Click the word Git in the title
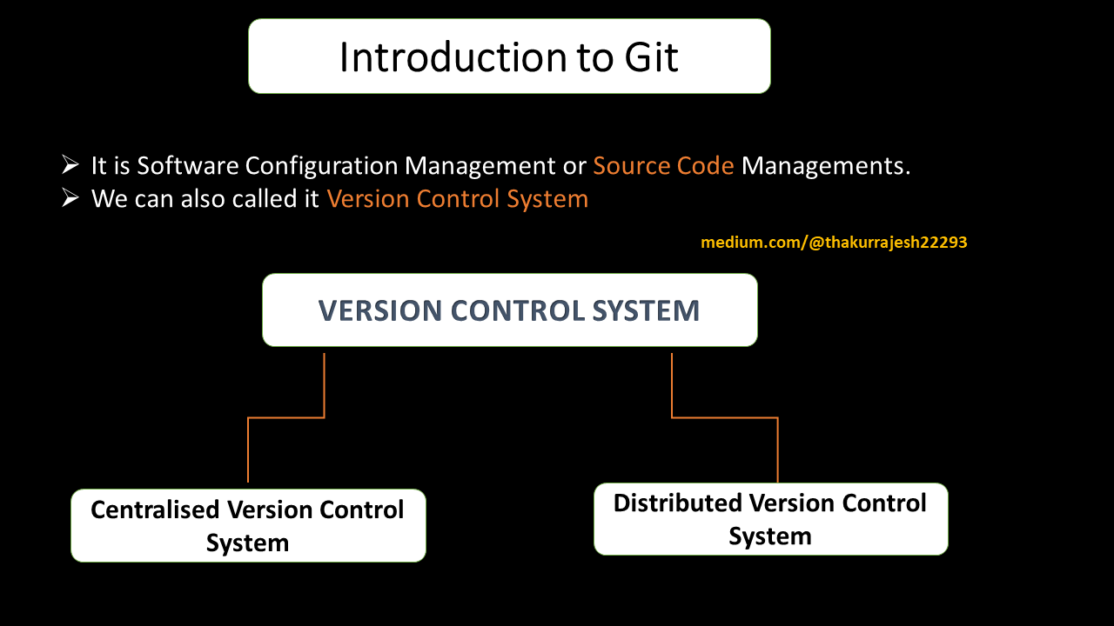(x=650, y=57)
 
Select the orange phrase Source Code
(x=663, y=165)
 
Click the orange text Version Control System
(x=458, y=199)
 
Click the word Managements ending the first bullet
(x=825, y=165)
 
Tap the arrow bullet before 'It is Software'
(x=71, y=165)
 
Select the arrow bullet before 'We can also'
(x=71, y=198)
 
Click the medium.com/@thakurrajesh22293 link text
(x=834, y=243)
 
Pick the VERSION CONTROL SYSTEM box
(x=509, y=310)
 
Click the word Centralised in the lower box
(x=155, y=509)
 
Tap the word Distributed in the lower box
(x=678, y=503)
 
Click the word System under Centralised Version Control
(x=247, y=543)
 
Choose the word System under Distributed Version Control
(x=770, y=536)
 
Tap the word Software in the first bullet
(x=187, y=165)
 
